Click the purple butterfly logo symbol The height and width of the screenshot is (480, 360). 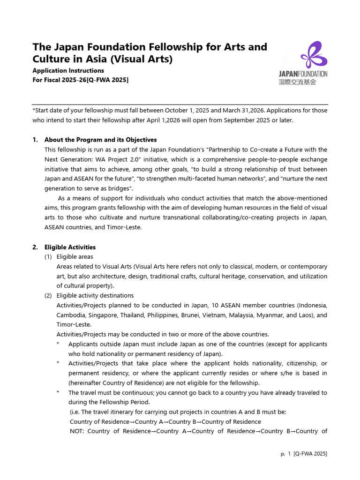[314, 55]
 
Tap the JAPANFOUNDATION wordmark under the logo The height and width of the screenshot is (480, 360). [303, 74]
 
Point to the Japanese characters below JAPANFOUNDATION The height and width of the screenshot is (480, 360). [297, 82]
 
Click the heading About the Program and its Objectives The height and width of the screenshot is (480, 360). [100, 140]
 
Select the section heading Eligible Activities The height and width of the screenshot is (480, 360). [70, 247]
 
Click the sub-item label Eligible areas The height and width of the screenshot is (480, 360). [75, 256]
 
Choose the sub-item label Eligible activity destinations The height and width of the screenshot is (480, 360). [95, 295]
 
